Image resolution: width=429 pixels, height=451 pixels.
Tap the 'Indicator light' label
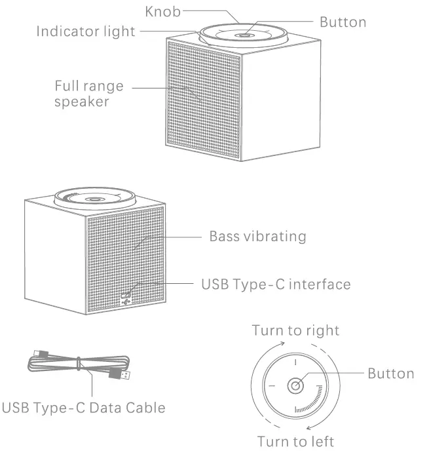click(x=86, y=31)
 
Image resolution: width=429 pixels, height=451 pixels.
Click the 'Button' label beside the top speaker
click(x=343, y=22)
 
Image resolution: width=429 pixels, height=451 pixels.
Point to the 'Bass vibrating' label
click(x=257, y=236)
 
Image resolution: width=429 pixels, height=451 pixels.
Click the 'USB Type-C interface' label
click(x=275, y=284)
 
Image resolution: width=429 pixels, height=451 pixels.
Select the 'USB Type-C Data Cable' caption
click(x=83, y=407)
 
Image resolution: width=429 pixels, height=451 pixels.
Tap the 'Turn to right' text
click(x=295, y=330)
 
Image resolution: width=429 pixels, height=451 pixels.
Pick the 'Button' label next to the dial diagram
click(x=390, y=374)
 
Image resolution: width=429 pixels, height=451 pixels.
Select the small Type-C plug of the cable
click(x=41, y=354)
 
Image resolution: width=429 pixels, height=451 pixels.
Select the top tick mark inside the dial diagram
click(x=296, y=361)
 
